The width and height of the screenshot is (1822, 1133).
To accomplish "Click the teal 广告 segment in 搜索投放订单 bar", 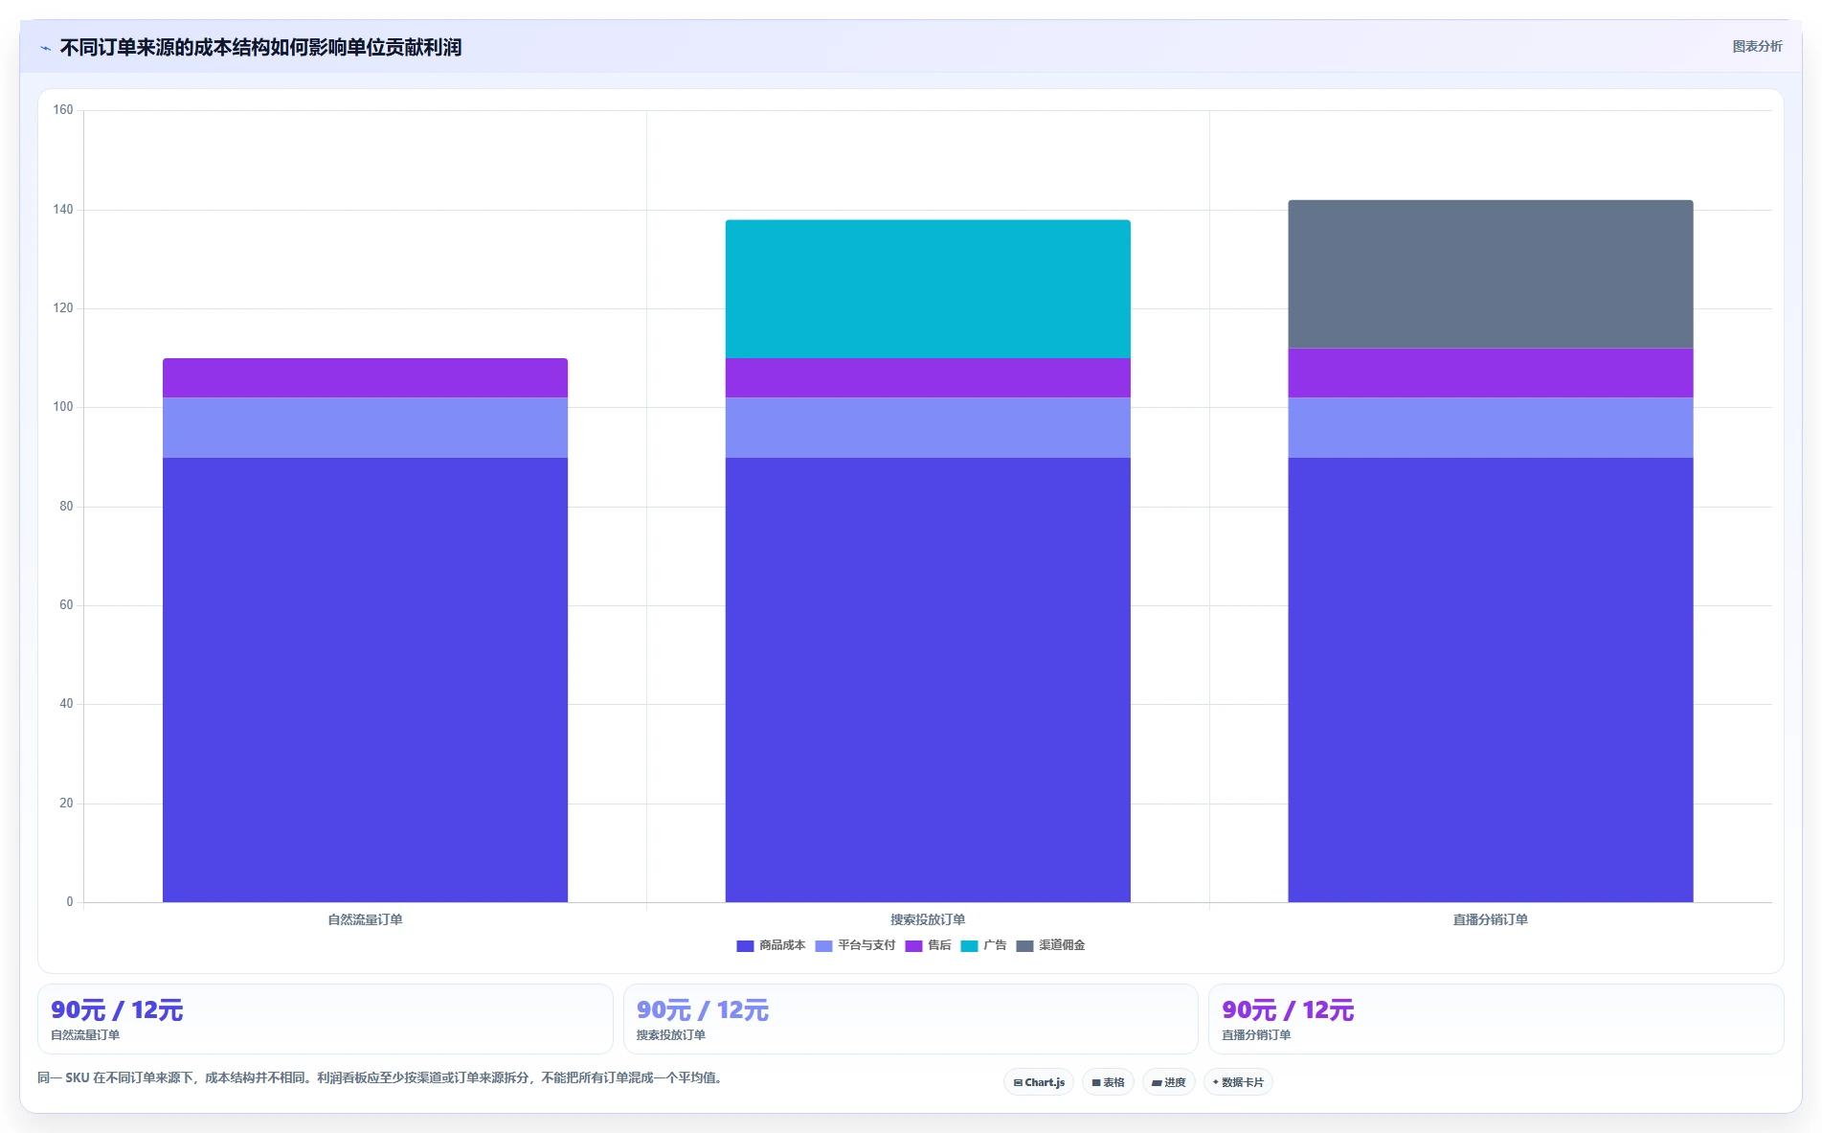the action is tap(928, 289).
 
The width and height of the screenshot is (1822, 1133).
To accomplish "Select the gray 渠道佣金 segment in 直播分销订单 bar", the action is tap(1491, 274).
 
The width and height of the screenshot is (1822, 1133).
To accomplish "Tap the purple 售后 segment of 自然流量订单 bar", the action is tap(365, 378).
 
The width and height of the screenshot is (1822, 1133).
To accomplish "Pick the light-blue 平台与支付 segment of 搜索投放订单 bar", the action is tap(928, 427).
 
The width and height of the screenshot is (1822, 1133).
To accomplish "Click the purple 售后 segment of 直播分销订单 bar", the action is tap(1491, 373).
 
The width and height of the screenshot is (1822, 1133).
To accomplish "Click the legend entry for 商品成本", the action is tap(771, 945).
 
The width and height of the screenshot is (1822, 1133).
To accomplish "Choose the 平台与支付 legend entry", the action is tap(855, 945).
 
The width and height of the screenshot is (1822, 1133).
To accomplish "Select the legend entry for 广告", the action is tap(983, 945).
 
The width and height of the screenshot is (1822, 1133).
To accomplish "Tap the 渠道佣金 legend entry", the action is tap(1050, 945).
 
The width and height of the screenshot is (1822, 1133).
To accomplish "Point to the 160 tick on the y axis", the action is tap(63, 110).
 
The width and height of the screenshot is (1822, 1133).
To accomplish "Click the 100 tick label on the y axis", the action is tap(63, 407).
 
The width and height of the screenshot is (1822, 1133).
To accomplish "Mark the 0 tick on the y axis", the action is tap(70, 902).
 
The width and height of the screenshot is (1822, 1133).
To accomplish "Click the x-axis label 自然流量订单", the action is tap(365, 919).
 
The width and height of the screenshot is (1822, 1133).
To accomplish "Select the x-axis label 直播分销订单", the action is tap(1491, 919).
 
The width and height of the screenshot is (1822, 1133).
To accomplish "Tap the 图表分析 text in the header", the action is tap(1758, 46).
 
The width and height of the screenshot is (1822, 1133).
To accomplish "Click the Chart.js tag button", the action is tap(1039, 1082).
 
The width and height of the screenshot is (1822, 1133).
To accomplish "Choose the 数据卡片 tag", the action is tap(1238, 1082).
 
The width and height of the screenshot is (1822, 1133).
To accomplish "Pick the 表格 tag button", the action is tap(1108, 1082).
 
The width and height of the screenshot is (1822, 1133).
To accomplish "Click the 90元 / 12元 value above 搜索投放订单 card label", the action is tap(703, 1010).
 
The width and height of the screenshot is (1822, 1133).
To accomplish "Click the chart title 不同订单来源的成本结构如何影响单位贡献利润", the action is tap(260, 47).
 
